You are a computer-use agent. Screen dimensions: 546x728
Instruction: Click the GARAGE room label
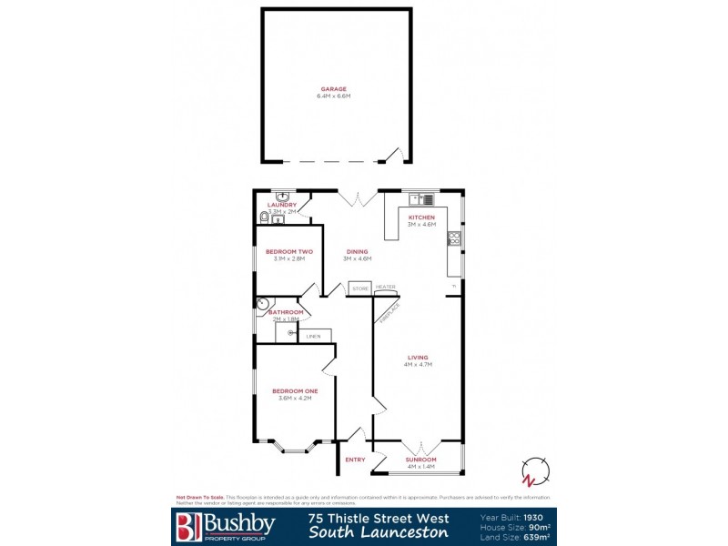click(x=334, y=89)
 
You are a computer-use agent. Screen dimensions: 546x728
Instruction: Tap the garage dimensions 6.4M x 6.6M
click(x=334, y=96)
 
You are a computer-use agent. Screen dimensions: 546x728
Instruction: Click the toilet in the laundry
click(x=264, y=217)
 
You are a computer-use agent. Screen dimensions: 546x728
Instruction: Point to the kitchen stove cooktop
click(x=454, y=239)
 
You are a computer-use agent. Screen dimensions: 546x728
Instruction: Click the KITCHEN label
click(x=421, y=218)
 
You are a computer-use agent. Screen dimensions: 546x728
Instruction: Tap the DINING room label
click(x=358, y=252)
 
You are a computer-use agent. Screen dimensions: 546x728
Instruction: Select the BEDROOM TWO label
click(x=289, y=252)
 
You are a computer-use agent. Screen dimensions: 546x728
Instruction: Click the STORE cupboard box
click(x=359, y=288)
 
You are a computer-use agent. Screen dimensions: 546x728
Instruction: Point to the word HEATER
click(x=386, y=288)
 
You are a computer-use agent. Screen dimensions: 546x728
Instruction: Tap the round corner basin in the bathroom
click(x=264, y=304)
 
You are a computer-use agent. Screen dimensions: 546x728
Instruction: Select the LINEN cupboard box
click(x=314, y=335)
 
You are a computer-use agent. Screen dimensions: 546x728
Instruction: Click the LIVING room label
click(x=418, y=358)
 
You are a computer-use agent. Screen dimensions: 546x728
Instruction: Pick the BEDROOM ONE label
click(x=292, y=391)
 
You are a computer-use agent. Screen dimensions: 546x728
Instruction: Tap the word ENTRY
click(x=355, y=460)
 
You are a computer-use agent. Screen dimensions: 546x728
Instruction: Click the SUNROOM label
click(x=420, y=460)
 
